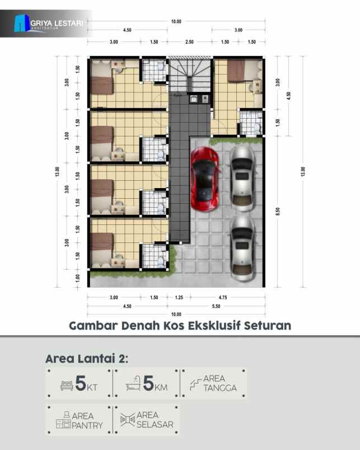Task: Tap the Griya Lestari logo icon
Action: point(22,23)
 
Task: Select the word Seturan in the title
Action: point(268,325)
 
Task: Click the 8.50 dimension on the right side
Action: point(278,210)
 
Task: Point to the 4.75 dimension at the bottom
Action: point(222,297)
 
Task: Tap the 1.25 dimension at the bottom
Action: point(179,297)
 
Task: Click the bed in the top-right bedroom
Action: point(236,71)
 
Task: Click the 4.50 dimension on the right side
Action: point(288,95)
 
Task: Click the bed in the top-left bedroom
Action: point(102,85)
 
